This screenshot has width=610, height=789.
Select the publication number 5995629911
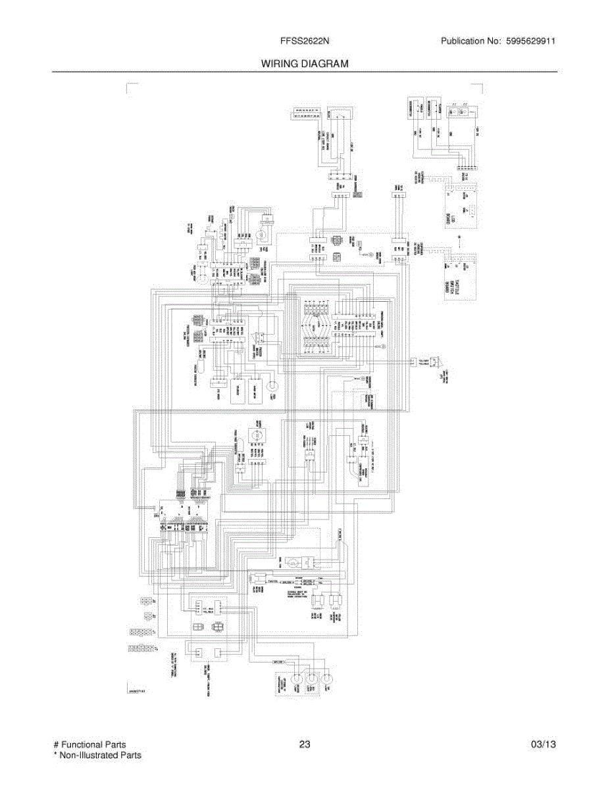tap(530, 41)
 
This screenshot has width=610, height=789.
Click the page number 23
tap(304, 744)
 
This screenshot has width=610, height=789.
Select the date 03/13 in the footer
tap(544, 744)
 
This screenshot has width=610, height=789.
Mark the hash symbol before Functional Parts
tap(56, 744)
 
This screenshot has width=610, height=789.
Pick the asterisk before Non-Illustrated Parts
tap(55, 755)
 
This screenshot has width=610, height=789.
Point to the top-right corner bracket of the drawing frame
tap(481, 85)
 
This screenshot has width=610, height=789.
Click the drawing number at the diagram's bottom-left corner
tap(136, 691)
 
